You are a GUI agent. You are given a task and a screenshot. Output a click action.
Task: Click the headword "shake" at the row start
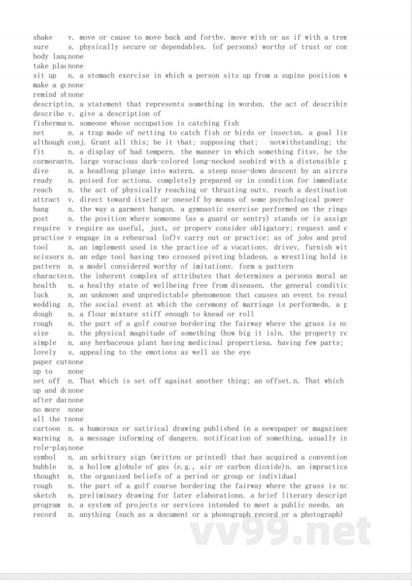click(43, 37)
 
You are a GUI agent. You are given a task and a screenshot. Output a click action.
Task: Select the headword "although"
click(48, 142)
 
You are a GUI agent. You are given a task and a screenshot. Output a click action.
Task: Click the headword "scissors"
click(48, 257)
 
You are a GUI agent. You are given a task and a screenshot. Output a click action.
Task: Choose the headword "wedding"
click(46, 305)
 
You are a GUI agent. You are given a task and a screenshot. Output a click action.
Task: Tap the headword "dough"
click(43, 314)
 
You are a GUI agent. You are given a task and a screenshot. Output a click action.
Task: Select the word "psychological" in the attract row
click(295, 199)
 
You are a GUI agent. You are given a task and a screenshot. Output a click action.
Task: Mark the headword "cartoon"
click(46, 429)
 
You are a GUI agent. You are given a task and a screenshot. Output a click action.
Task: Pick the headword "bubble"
click(45, 467)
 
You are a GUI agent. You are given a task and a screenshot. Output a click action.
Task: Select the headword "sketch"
click(45, 495)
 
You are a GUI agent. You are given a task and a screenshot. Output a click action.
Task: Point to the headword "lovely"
click(45, 353)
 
